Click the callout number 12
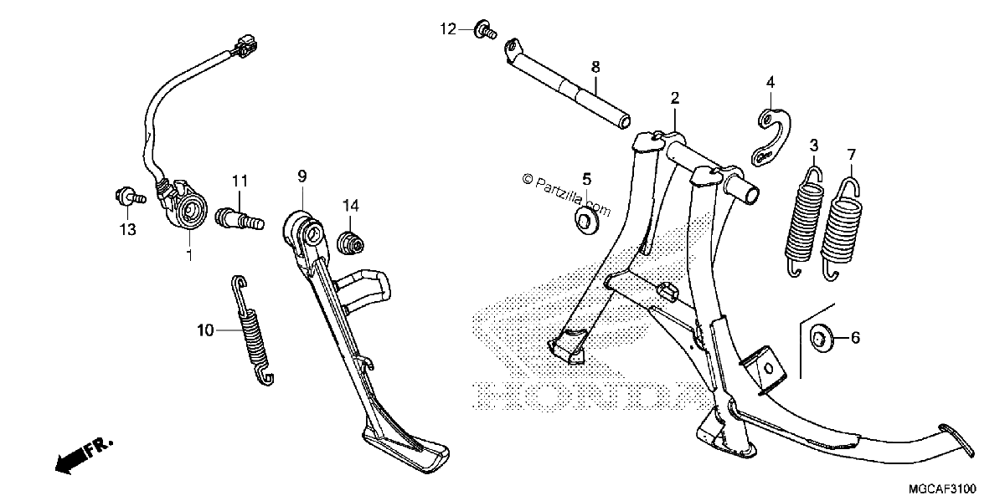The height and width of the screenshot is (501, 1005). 448,29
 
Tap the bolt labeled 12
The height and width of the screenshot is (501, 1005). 486,29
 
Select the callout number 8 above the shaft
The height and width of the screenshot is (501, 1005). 595,67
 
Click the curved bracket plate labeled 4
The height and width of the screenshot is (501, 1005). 772,136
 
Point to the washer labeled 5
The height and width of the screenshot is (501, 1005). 585,222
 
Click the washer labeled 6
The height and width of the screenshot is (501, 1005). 822,337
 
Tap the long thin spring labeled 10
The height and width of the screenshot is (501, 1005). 252,330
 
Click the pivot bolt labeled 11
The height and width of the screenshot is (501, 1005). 240,218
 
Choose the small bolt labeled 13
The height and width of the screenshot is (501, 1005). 128,197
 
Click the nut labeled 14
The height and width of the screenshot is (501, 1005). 350,243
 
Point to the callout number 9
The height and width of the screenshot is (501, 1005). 302,176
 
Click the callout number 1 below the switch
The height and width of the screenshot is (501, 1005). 190,255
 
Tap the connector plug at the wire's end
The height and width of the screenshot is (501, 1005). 245,46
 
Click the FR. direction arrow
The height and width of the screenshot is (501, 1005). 84,455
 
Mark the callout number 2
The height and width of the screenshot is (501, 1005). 675,98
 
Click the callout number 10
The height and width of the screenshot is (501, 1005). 205,330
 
